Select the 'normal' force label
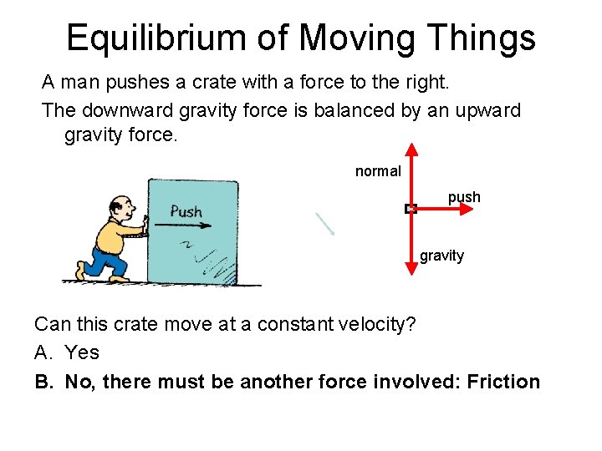pos(378,171)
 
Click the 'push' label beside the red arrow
pos(464,197)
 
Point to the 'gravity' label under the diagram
pos(441,256)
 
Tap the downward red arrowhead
pos(411,267)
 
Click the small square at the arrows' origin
pos(411,209)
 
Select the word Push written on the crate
pos(186,210)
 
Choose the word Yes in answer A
pos(82,352)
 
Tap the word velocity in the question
pos(364,324)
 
